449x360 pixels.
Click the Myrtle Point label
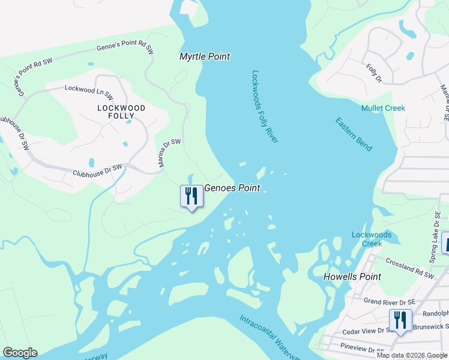coord(205,56)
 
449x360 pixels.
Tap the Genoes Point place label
coord(232,188)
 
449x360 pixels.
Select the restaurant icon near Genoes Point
coord(191,197)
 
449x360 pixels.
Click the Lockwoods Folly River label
coord(265,107)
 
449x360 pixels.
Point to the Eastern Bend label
coord(354,134)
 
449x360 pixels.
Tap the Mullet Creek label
coord(383,108)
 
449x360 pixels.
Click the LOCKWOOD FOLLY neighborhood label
coord(122,112)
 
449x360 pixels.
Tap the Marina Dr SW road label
coord(169,153)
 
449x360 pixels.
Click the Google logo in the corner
coord(20,353)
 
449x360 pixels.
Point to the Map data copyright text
coord(412,355)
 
